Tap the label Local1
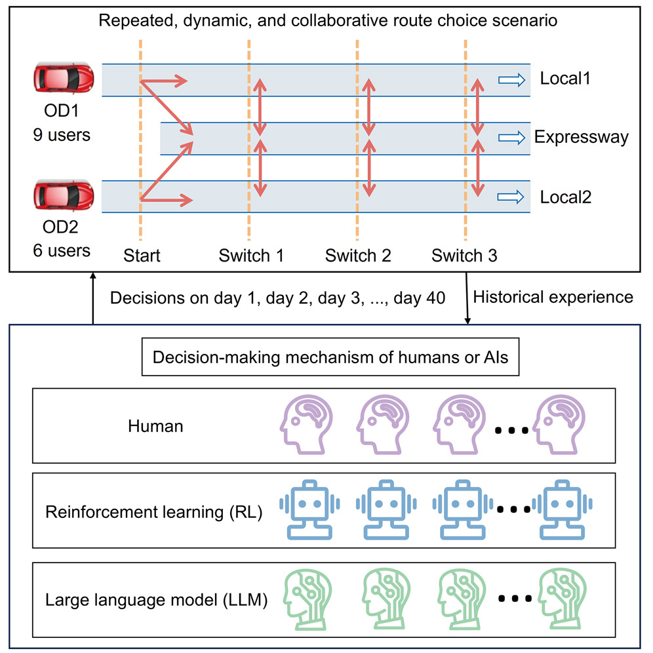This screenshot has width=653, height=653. point(565,79)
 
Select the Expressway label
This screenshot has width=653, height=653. point(581,138)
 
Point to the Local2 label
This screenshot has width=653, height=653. point(565,197)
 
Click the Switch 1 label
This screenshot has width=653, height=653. point(251,256)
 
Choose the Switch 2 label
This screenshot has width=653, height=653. point(358,256)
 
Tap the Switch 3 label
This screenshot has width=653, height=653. point(464,256)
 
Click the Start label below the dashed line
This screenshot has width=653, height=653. point(142,256)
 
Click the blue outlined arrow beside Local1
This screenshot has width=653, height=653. point(511,79)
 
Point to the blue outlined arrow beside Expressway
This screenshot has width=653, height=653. point(511,138)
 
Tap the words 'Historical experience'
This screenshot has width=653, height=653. point(553,298)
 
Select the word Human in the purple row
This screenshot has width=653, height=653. point(155,426)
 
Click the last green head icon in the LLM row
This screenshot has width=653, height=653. point(561,597)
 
